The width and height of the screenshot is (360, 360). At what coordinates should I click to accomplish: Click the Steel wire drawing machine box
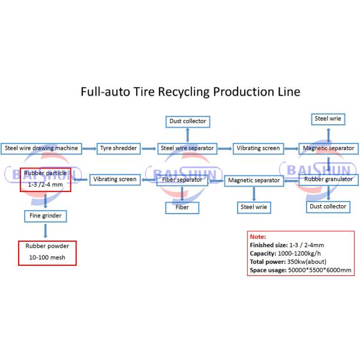pyautogui.click(x=41, y=148)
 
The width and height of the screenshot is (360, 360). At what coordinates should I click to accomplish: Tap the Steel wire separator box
pyautogui.click(x=187, y=148)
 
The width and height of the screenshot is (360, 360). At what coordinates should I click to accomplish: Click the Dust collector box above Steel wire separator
pyautogui.click(x=187, y=121)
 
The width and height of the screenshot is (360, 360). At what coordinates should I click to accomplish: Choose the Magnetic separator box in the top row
pyautogui.click(x=328, y=148)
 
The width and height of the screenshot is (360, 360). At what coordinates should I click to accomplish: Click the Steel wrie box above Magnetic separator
pyautogui.click(x=328, y=119)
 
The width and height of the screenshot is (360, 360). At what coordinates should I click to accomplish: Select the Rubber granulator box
pyautogui.click(x=329, y=179)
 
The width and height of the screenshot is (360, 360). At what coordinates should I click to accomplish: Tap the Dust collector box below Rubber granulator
pyautogui.click(x=327, y=206)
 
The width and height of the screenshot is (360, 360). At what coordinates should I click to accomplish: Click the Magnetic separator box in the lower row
pyautogui.click(x=254, y=179)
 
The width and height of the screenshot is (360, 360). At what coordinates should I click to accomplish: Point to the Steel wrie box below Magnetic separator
pyautogui.click(x=254, y=207)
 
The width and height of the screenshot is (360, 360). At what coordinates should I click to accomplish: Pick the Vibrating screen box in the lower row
pyautogui.click(x=115, y=179)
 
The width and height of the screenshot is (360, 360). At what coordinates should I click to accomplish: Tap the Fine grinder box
pyautogui.click(x=46, y=215)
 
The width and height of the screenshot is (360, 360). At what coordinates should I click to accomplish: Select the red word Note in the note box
pyautogui.click(x=257, y=236)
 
